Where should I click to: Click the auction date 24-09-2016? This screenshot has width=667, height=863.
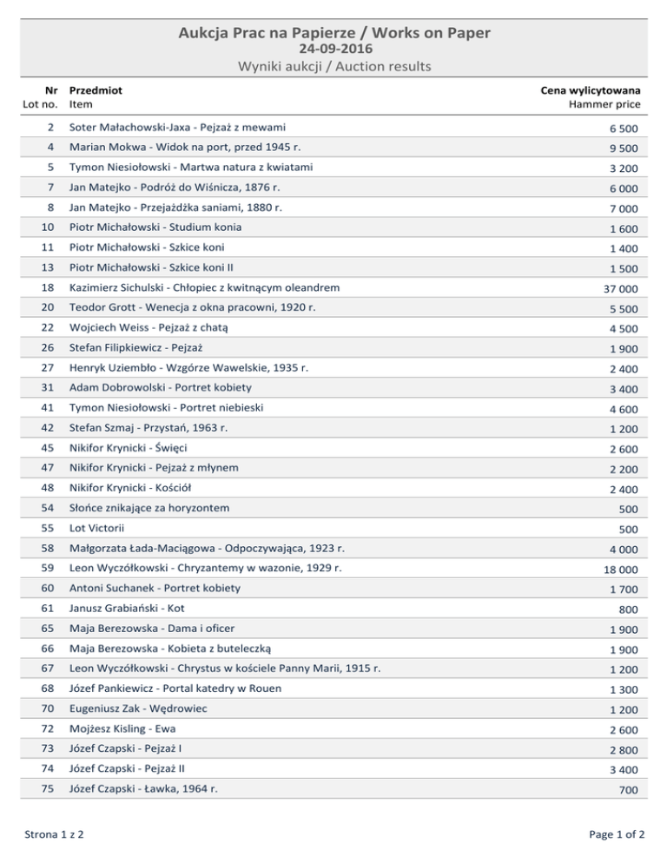[333, 49]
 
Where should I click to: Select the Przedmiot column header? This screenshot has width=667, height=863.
[96, 89]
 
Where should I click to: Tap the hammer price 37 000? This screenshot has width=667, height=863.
[621, 289]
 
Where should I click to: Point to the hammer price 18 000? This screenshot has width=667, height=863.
[621, 570]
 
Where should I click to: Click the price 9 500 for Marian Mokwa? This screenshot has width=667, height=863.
[624, 148]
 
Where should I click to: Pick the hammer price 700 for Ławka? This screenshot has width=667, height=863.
[629, 791]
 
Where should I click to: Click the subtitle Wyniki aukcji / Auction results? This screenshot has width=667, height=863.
[333, 66]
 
